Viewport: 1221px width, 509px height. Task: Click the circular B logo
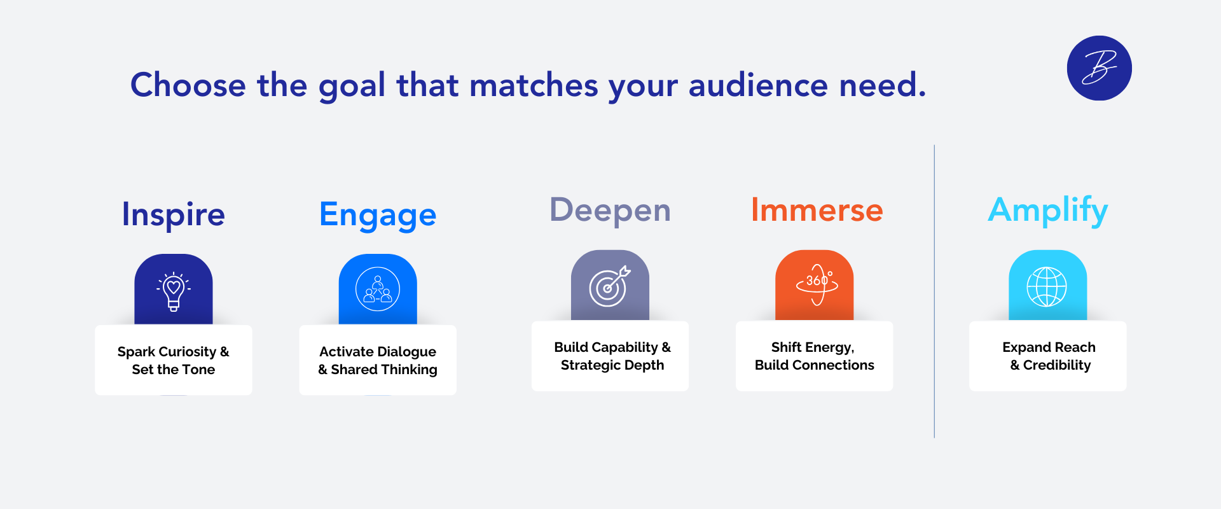[x=1099, y=68]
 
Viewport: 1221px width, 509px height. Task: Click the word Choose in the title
[x=188, y=85]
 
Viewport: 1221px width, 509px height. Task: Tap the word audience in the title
[x=758, y=85]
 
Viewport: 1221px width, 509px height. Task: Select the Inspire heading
[x=173, y=214]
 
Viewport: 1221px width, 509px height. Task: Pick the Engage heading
[x=378, y=215]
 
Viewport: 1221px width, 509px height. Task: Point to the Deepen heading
[x=610, y=211]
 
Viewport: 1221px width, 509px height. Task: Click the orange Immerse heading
[x=817, y=209]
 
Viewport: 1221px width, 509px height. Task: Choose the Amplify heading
[x=1047, y=211]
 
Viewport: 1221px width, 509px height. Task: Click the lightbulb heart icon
[x=174, y=291]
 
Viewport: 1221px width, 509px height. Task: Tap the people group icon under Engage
[x=378, y=289]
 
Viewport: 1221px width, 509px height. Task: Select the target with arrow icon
[x=609, y=286]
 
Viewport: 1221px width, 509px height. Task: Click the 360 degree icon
[x=817, y=284]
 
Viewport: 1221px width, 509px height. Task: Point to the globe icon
[x=1047, y=287]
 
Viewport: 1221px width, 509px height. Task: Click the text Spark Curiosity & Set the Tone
[x=173, y=361]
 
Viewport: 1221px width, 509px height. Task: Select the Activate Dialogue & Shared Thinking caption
[x=378, y=361]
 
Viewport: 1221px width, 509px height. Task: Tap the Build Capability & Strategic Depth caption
[x=612, y=356]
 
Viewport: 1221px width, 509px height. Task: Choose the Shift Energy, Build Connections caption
[x=814, y=356]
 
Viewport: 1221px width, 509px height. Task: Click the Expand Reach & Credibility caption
[x=1049, y=356]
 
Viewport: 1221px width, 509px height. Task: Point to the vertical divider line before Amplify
[x=934, y=291]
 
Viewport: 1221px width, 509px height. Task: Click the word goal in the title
[x=352, y=86]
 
